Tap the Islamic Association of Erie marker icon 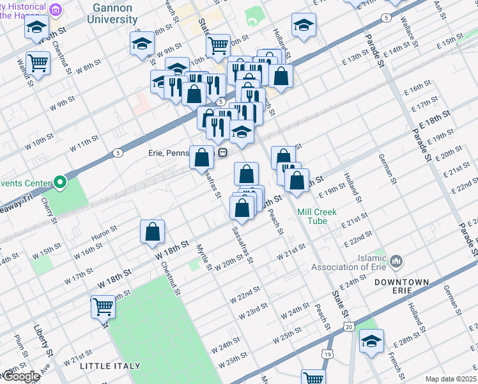point(396,260)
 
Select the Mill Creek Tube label point(312,216)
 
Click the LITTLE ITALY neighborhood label point(110,366)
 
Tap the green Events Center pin point(60,183)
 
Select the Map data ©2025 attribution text point(451,379)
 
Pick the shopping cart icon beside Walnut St point(38,63)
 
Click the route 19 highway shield point(327,353)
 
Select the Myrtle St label point(203,257)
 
